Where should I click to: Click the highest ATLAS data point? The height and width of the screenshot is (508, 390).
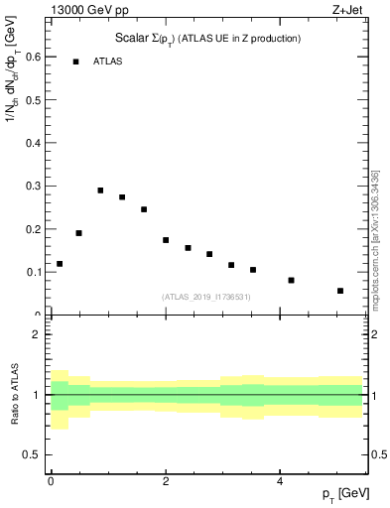100,190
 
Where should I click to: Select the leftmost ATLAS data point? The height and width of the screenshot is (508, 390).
60,264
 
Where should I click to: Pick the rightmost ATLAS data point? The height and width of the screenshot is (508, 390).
340,291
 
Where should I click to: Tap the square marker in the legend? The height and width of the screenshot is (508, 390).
75,62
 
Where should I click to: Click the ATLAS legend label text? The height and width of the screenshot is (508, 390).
109,62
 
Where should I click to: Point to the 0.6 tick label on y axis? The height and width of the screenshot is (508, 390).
32,57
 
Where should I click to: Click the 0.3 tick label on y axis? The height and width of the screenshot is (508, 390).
32,186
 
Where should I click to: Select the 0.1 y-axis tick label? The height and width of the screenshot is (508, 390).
32,272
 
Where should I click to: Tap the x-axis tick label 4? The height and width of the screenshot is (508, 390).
280,481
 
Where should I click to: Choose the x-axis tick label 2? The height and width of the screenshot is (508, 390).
165,481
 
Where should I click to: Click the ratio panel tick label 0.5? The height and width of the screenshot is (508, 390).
32,454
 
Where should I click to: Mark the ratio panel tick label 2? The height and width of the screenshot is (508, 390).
37,334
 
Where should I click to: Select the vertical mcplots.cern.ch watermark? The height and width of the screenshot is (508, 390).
375,238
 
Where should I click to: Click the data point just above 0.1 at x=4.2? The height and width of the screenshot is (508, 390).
291,280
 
